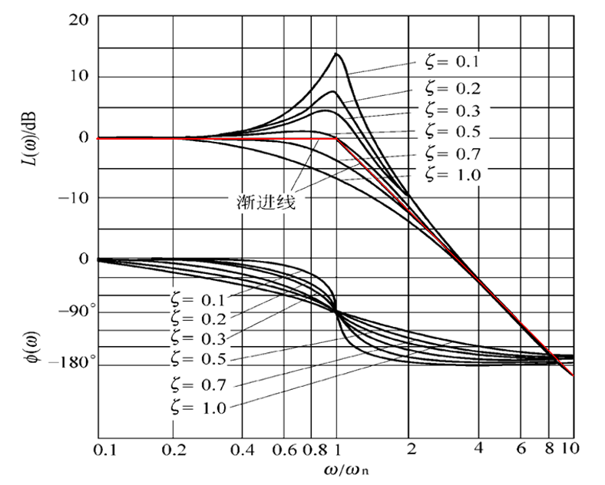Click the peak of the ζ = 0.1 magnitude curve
336,54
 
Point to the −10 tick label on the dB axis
75,196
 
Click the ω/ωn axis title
346,467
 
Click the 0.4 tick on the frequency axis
242,447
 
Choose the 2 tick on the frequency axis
411,447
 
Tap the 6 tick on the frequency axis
521,447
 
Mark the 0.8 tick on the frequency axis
310,447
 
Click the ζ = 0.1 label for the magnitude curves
453,59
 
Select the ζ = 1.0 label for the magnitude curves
453,175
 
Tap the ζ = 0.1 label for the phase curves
198,299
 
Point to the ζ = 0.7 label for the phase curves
198,384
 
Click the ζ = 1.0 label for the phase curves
198,407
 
